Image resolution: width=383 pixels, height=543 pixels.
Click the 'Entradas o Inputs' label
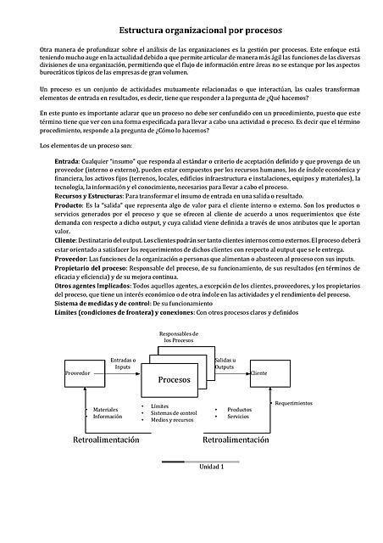coord(124,363)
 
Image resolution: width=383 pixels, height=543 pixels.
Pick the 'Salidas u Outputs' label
coord(225,363)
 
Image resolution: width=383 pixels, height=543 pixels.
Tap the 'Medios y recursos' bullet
coord(174,421)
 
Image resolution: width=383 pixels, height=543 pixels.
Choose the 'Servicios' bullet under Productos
coord(238,417)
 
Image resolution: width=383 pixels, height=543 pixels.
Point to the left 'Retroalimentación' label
coord(106,440)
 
